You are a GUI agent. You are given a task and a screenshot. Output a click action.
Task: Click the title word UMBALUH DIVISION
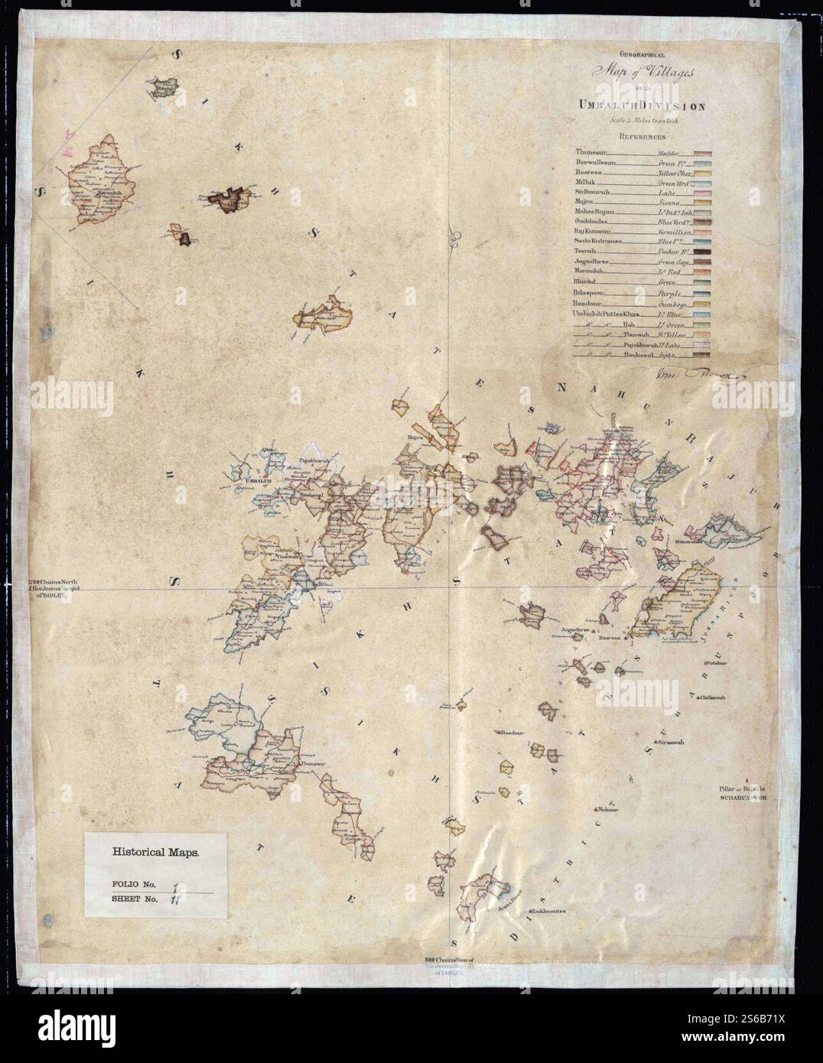coord(641,106)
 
